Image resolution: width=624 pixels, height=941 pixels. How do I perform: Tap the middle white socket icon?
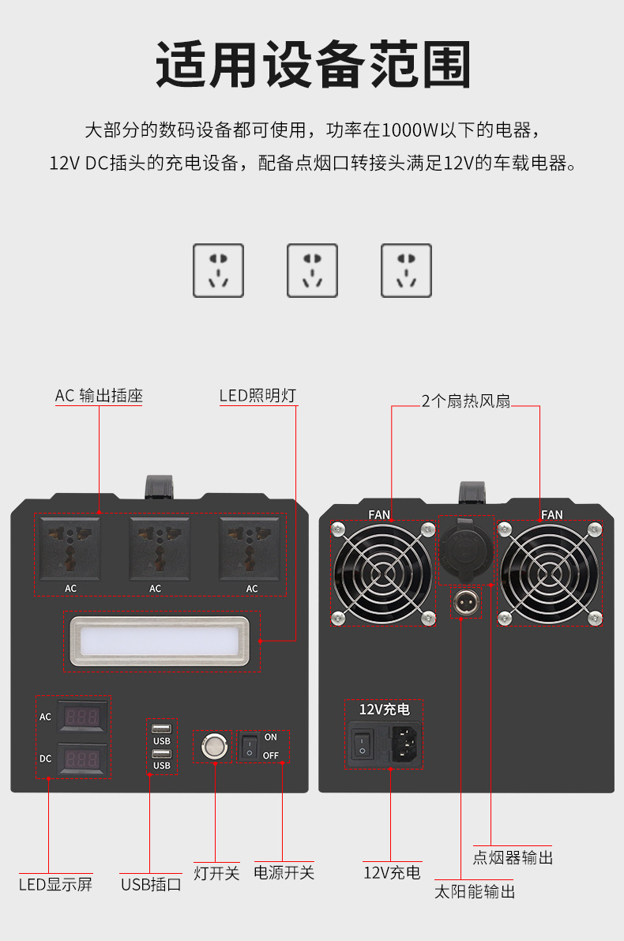coord(312,270)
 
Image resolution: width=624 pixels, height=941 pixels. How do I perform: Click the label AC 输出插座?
coord(99,396)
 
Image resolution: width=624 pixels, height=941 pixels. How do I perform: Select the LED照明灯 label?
coord(257,396)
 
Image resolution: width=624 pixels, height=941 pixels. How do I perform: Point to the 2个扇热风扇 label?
coord(466,401)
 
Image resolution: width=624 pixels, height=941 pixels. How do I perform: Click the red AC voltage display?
coord(82,717)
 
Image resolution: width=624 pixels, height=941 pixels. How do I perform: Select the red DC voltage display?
coord(82,759)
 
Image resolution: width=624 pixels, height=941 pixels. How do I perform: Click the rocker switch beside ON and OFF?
coord(249,747)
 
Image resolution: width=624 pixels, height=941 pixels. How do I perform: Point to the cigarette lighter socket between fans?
coord(464,549)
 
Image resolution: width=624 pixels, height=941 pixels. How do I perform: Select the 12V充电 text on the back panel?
coord(385,710)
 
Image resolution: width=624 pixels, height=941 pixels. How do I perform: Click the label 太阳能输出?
coord(475,892)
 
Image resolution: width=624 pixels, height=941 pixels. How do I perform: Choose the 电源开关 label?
coord(284,873)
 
